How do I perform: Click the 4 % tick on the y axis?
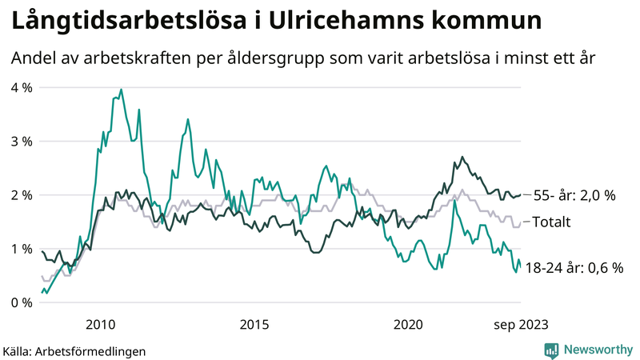coord(21,87)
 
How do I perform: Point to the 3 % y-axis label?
coord(21,141)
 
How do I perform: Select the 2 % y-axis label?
coord(21,194)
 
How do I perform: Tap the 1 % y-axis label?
coord(21,248)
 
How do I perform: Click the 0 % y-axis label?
coord(21,302)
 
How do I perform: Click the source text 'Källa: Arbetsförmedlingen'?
coord(74,350)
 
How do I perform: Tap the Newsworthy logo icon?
coord(551,350)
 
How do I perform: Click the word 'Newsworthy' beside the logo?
coord(598,350)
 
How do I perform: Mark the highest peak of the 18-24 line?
coord(121,90)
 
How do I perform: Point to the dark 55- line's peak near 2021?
coord(462,157)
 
